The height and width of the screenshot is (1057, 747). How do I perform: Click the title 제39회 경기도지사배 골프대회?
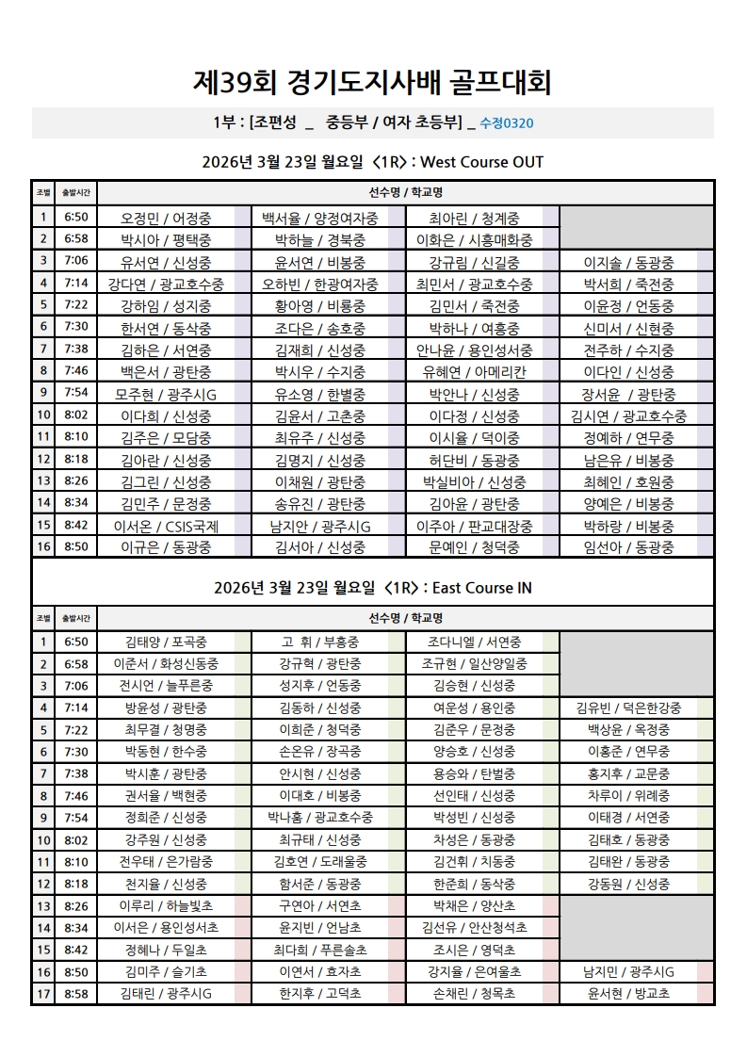373,82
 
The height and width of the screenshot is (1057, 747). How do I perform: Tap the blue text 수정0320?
508,123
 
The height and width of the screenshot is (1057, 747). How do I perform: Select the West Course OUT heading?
373,162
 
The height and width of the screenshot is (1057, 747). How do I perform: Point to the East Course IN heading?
373,588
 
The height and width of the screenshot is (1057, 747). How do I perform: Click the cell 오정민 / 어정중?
166,219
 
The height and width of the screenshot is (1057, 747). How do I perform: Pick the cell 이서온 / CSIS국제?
166,526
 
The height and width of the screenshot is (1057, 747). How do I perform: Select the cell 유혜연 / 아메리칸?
474,372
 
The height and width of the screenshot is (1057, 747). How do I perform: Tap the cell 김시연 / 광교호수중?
628,416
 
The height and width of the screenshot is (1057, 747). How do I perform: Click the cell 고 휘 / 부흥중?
320,642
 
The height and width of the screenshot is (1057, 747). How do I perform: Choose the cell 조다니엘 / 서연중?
474,642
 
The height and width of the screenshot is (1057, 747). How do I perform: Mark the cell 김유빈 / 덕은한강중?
628,708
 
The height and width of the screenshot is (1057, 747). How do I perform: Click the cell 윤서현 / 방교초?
628,993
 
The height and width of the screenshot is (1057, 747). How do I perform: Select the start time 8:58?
76,993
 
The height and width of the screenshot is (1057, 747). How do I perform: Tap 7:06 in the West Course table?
76,262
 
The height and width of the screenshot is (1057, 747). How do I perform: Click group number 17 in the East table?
42,993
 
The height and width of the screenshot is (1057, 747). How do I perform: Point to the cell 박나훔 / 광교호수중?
320,818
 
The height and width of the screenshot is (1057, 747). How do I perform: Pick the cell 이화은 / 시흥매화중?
474,240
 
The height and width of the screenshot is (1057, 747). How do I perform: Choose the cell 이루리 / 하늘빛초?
166,905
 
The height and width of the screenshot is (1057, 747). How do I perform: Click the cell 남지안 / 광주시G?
320,526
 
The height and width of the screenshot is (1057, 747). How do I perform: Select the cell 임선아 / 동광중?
628,547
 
